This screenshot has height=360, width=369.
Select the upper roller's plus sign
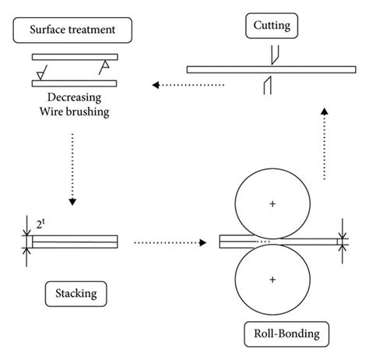coord(272,203)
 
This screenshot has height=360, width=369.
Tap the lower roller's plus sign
coord(272,279)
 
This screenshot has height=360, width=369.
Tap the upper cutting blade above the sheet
coord(272,55)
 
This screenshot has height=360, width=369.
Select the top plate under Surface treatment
coord(75,56)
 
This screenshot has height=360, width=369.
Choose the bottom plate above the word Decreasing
coord(75,83)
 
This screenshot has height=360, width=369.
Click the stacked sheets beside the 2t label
coord(75,242)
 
